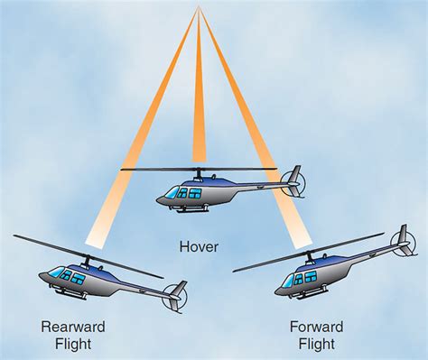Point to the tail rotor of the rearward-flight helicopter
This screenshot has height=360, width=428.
[x=174, y=296]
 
